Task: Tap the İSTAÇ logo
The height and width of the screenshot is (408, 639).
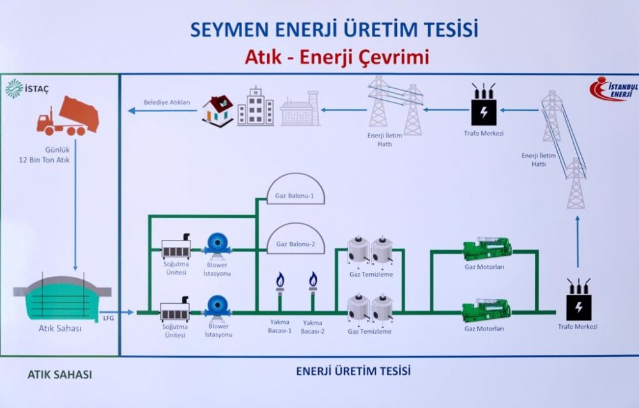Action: [x=23, y=88]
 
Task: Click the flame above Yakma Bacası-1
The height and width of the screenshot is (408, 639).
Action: [x=280, y=279]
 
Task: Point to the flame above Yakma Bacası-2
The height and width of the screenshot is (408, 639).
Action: [x=313, y=279]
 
